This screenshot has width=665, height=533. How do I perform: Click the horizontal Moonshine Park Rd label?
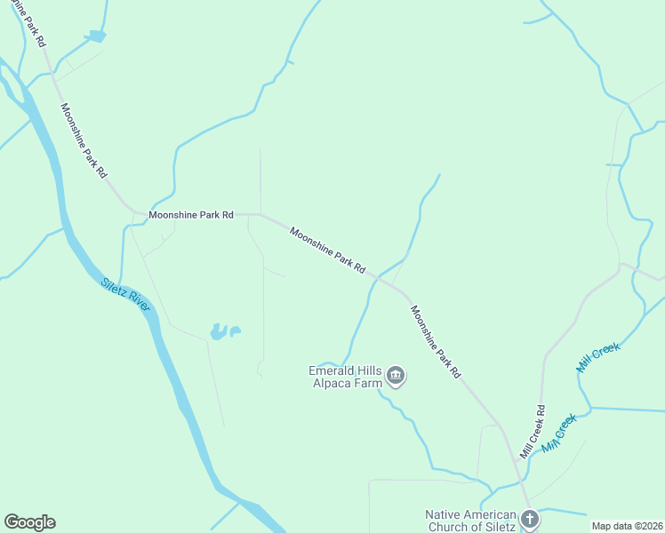191,214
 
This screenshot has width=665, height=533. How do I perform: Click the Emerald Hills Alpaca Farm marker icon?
397,377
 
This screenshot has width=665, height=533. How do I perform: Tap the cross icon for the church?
530,519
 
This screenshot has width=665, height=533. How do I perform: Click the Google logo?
29,522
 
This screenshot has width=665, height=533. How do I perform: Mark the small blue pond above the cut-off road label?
96,36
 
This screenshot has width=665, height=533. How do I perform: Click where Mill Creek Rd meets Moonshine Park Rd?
517,459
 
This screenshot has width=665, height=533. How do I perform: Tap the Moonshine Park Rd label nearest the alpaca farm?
436,343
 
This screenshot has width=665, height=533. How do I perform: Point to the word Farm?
370,383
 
